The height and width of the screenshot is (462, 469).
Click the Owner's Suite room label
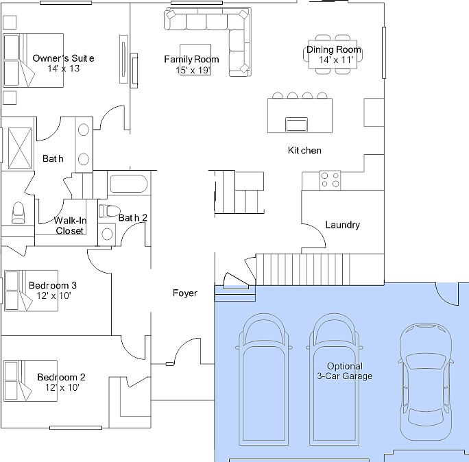pyautogui.click(x=63, y=58)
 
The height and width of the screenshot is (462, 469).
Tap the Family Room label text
pyautogui.click(x=191, y=59)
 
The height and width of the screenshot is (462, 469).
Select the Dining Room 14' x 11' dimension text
pyautogui.click(x=336, y=60)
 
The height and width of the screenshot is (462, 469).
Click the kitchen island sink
pyautogui.click(x=296, y=124)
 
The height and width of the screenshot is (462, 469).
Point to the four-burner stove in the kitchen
pyautogui.click(x=330, y=180)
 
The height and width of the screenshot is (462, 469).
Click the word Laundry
pyautogui.click(x=342, y=225)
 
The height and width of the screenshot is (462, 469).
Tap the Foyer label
pyautogui.click(x=185, y=293)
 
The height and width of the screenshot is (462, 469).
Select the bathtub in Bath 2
pyautogui.click(x=129, y=184)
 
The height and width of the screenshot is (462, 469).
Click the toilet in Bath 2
pyautogui.click(x=109, y=211)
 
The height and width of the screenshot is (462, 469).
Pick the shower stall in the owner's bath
pyautogui.click(x=20, y=148)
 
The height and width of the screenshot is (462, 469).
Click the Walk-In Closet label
pyautogui.click(x=70, y=226)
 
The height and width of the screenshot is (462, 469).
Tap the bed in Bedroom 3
pyautogui.click(x=31, y=291)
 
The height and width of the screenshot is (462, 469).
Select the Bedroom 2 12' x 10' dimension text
pyautogui.click(x=62, y=387)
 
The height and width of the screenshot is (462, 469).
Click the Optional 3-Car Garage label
pyautogui.click(x=345, y=371)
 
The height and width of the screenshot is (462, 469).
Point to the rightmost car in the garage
pyautogui.click(x=426, y=382)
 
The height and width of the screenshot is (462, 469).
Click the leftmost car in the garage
pyautogui.click(x=263, y=379)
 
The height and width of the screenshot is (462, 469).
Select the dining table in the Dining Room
pyautogui.click(x=333, y=54)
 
